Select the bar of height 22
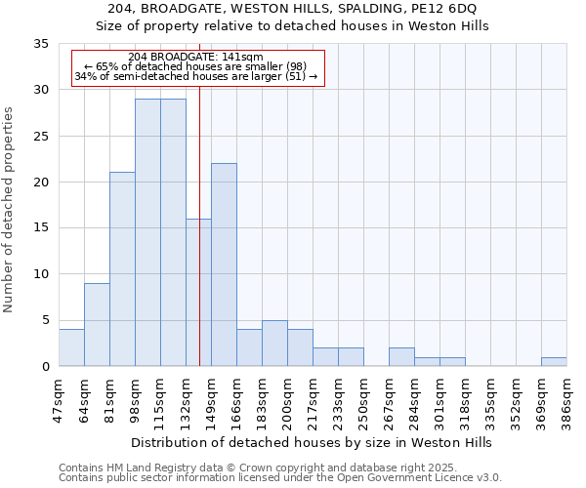point(224,264)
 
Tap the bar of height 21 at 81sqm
point(122,269)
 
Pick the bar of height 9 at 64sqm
point(97,324)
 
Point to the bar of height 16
point(198,292)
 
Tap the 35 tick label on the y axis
point(41,44)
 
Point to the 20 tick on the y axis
point(41,183)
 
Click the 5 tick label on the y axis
point(45,320)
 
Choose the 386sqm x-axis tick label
point(566,398)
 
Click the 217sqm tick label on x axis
point(313,398)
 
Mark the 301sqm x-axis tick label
point(439,398)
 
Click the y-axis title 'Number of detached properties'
point(10,210)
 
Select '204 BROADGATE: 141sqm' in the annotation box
point(195,58)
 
